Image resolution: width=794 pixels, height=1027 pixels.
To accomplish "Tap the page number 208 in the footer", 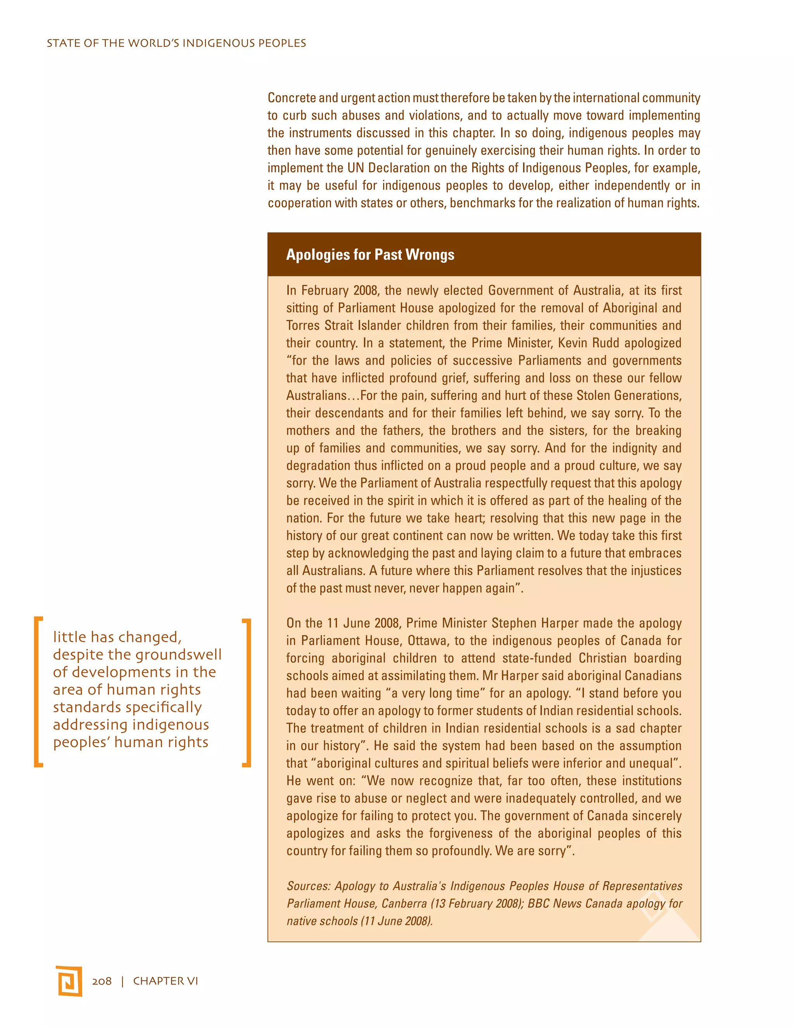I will pyautogui.click(x=102, y=981).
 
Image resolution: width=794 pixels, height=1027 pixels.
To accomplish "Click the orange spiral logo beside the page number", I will pyautogui.click(x=69, y=981).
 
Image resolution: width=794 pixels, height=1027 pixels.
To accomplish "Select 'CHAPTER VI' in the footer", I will pyautogui.click(x=166, y=981).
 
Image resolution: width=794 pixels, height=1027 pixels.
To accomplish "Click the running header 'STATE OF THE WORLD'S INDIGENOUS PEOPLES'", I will pyautogui.click(x=176, y=43).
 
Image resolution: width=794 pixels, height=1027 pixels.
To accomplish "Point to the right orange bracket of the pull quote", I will pyautogui.click(x=247, y=692).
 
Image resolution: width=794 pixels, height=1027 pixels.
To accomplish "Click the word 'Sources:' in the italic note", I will pyautogui.click(x=309, y=886).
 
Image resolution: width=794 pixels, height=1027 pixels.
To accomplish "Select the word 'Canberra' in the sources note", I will pyautogui.click(x=404, y=903).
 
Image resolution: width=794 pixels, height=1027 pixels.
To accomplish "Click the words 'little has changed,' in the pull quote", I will pyautogui.click(x=117, y=637).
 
